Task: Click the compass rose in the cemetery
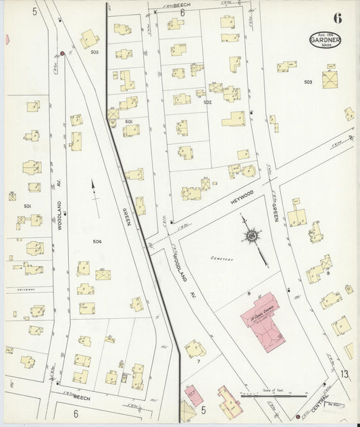pos(252,236)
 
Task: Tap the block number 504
pos(97,241)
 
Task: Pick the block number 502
pos(207,102)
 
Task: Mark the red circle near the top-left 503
pos(62,53)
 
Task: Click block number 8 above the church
pos(249,293)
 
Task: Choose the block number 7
pos(199,361)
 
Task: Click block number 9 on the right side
pos(328,274)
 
